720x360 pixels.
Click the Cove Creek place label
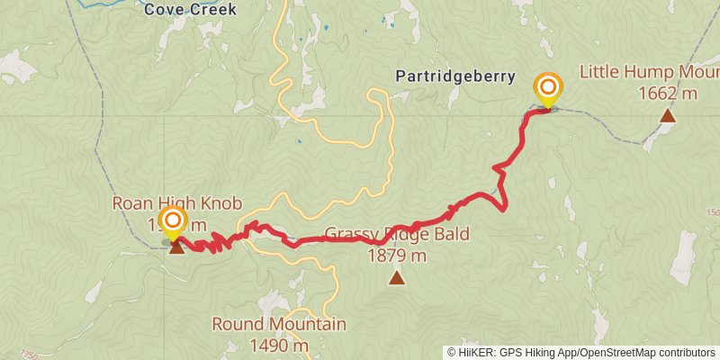click(191, 10)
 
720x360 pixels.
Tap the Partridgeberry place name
click(455, 76)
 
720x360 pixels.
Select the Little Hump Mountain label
click(649, 71)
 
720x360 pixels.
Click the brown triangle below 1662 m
click(667, 114)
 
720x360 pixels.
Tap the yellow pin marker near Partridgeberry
click(547, 89)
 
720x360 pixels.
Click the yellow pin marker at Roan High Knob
click(172, 222)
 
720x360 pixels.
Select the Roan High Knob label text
click(176, 204)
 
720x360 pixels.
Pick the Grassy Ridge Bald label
click(397, 235)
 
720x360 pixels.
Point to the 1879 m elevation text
click(397, 256)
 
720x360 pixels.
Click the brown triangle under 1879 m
click(397, 279)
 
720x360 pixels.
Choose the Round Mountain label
click(279, 324)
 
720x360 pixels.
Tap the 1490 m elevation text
click(279, 345)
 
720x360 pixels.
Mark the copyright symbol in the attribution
click(451, 352)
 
